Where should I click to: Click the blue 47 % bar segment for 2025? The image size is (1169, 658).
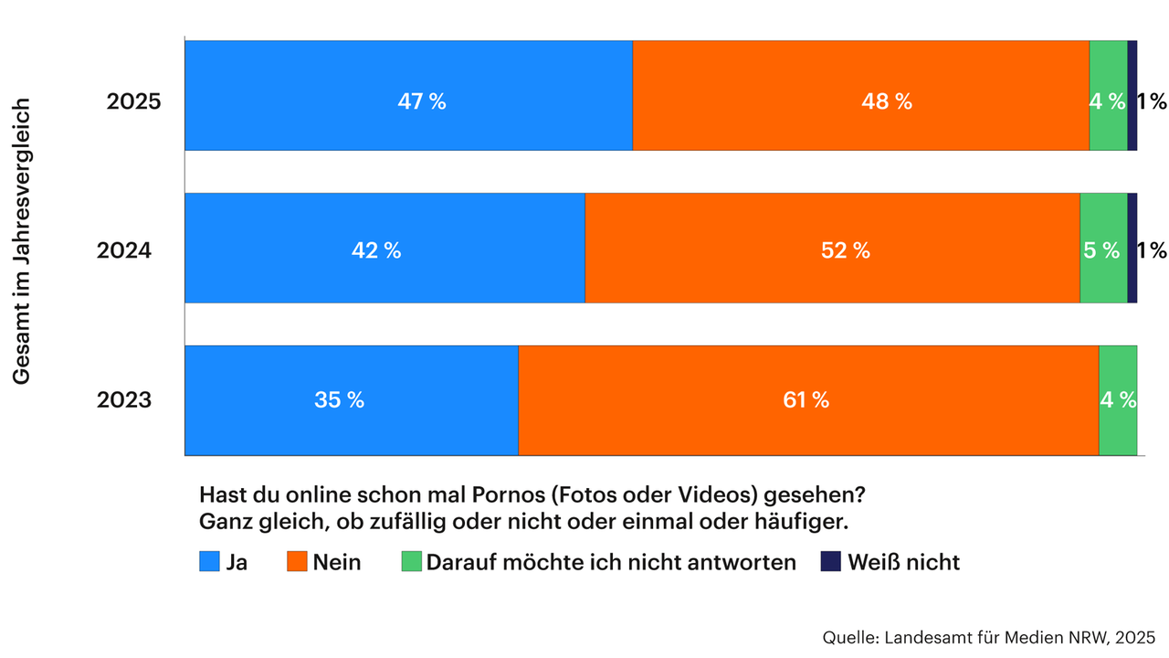[408, 95]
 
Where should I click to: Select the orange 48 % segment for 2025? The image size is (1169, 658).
[860, 95]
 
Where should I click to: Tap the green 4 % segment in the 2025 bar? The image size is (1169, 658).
[1108, 95]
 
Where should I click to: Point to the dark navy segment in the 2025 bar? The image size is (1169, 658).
[1132, 95]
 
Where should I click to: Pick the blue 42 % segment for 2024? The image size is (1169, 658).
[384, 248]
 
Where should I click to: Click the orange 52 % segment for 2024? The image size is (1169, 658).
[832, 248]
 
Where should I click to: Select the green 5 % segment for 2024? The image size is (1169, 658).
[1103, 248]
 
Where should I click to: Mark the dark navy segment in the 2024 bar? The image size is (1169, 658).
[1132, 248]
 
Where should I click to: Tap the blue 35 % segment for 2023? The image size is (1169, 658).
[352, 400]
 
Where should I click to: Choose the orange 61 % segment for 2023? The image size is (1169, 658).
[808, 400]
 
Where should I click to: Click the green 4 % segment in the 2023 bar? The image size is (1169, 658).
[1118, 400]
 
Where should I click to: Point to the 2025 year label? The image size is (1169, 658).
[133, 101]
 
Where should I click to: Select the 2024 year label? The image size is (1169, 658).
[123, 250]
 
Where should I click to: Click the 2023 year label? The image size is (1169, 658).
[123, 400]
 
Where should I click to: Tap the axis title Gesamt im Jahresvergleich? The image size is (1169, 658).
[23, 241]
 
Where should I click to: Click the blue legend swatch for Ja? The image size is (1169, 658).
[210, 562]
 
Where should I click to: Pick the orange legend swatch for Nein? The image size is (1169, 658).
[297, 562]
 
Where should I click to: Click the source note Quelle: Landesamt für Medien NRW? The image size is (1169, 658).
[988, 636]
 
